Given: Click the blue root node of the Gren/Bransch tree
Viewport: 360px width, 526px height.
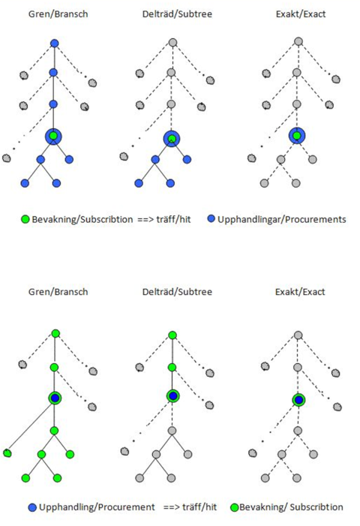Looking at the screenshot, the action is [54, 44].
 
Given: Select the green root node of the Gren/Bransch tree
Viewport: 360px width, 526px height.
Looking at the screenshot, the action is [55, 333].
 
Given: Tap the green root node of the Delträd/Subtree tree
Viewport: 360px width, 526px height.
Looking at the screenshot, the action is [172, 335].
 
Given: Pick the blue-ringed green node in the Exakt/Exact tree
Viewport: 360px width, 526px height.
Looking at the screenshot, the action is [297, 136].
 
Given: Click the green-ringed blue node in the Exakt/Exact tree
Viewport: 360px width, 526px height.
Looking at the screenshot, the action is [298, 400].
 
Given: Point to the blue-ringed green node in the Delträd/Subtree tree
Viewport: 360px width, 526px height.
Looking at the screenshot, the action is [172, 139].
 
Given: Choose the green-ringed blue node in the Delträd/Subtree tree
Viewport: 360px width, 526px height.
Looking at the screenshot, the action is [173, 396].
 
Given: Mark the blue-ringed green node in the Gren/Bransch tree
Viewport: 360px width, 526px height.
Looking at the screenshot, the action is [54, 137].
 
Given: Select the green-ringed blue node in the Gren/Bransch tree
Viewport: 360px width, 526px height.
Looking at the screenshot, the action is [55, 398].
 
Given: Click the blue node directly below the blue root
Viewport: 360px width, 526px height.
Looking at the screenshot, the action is [53, 73].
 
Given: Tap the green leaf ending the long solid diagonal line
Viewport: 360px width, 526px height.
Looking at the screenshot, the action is [7, 453].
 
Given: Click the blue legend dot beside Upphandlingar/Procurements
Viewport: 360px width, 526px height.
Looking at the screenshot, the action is [211, 219].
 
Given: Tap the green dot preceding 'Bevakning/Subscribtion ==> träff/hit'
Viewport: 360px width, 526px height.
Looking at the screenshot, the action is [25, 219].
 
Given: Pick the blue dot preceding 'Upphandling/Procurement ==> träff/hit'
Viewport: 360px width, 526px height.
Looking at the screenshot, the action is [32, 507].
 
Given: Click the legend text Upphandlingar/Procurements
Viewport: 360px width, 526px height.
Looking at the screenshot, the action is [281, 219].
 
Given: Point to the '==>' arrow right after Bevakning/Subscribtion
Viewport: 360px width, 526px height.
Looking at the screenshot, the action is [145, 220].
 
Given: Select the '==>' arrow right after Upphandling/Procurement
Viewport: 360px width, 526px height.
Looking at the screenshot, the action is [172, 507].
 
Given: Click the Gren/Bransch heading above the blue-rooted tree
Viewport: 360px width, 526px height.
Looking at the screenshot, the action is [58, 14].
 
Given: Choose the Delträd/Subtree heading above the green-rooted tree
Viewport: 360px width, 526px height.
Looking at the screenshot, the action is [177, 292].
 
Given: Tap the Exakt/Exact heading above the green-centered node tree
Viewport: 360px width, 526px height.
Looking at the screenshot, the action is [301, 14].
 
